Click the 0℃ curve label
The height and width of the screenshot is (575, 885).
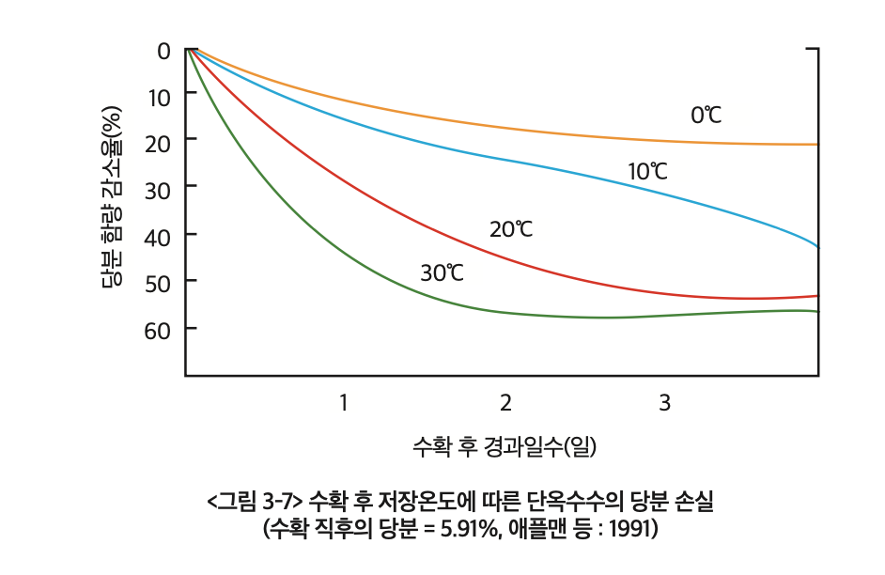click(706, 116)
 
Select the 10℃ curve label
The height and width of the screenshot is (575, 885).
click(647, 172)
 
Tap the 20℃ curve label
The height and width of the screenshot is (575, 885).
click(510, 229)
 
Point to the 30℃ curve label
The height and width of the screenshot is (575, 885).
click(442, 273)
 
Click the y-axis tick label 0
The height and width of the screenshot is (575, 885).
click(163, 50)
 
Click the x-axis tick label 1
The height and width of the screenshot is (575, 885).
click(344, 403)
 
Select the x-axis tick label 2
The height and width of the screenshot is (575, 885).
click(505, 403)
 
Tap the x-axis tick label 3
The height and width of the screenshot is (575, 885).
click(664, 403)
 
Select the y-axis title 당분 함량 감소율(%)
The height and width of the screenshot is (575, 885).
click(112, 196)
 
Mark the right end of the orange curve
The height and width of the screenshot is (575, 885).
click(817, 144)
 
